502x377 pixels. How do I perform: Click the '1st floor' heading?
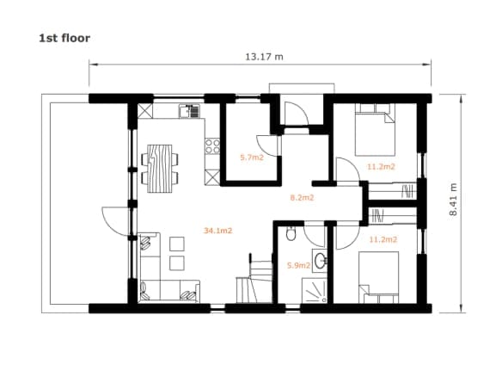pos(64,38)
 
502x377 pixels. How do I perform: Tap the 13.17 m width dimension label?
pos(264,57)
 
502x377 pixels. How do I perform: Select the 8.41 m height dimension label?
pos(453,200)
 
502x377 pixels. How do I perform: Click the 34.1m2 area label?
pos(217,231)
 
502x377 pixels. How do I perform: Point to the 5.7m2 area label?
pos(252,158)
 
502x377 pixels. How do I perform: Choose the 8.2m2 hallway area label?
pos(302,198)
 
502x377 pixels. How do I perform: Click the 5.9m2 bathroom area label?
pos(298,265)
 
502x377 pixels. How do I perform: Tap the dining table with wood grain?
pos(159,169)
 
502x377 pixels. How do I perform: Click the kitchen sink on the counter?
pos(189,111)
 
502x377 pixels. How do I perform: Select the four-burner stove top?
pos(212,146)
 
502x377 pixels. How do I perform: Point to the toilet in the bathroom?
pos(291,234)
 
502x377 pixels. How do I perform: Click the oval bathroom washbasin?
pos(320,260)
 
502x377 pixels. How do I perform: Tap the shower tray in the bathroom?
pos(315,290)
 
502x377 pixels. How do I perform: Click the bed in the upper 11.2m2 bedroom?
pos(375,129)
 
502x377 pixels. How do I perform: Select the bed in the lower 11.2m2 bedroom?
pos(378,277)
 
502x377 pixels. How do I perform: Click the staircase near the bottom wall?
pos(254,278)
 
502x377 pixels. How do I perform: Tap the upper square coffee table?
pos(177,244)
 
